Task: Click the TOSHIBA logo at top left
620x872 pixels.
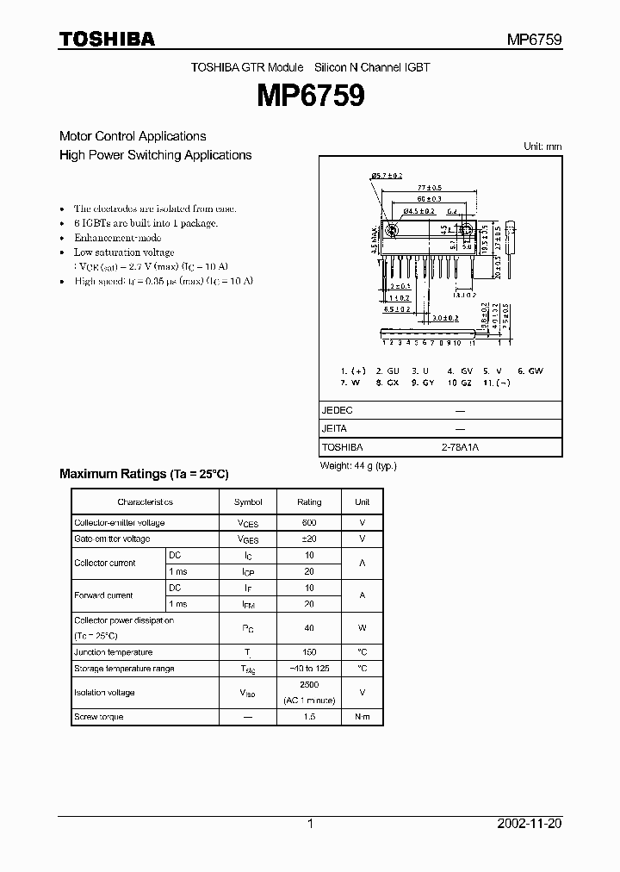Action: (107, 39)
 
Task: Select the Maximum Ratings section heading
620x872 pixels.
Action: (144, 474)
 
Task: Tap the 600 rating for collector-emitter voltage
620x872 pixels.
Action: (309, 523)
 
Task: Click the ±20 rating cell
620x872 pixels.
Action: (309, 539)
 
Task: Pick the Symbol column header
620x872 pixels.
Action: (248, 501)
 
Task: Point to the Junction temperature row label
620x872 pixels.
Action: (114, 652)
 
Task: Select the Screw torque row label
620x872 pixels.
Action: (99, 717)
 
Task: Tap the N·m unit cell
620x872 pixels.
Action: (362, 717)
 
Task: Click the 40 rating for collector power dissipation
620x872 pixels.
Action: (309, 628)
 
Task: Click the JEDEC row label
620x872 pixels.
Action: (338, 411)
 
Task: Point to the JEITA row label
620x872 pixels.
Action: (335, 429)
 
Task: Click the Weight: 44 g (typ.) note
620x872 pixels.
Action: (357, 466)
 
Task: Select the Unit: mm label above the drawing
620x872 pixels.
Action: (542, 146)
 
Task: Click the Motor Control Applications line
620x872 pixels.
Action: (133, 136)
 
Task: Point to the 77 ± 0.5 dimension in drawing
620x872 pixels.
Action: (429, 186)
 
